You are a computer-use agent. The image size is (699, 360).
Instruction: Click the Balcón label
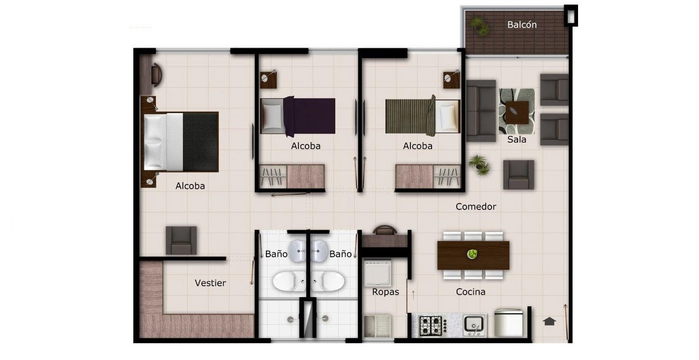coord(522,25)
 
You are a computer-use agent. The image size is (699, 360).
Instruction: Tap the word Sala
coord(517,139)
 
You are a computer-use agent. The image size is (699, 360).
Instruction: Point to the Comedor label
coord(475,207)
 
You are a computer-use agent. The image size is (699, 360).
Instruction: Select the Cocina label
coord(470,292)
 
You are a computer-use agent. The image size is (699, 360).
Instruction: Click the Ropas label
coord(385,292)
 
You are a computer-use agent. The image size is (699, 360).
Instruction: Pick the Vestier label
coord(210,283)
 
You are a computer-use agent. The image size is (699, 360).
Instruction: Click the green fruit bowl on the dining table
coord(472,254)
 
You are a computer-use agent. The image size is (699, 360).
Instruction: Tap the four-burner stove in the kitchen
coord(431,326)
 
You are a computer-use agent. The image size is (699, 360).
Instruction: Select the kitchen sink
coord(474,325)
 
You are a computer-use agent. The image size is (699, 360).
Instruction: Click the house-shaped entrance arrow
coord(549,321)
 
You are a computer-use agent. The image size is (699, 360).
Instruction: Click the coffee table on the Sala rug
coord(517,112)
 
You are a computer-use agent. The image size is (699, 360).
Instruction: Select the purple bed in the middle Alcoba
coord(298,116)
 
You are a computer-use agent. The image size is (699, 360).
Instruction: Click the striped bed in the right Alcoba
coord(423,116)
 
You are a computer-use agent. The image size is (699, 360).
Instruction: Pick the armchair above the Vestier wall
coord(181,240)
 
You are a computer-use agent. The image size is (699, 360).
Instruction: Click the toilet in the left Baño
coord(289,281)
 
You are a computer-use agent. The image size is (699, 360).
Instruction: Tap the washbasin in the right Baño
coord(319,251)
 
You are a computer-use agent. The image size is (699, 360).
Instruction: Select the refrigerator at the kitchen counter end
coord(509,323)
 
